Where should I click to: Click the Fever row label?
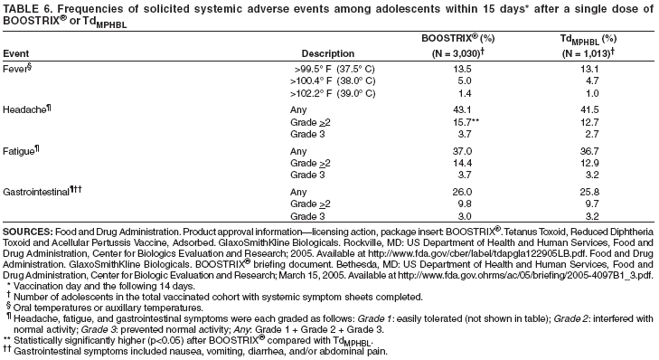tap(17, 67)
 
